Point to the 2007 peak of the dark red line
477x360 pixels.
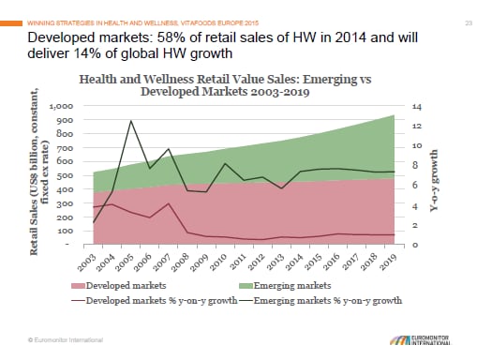167,203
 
